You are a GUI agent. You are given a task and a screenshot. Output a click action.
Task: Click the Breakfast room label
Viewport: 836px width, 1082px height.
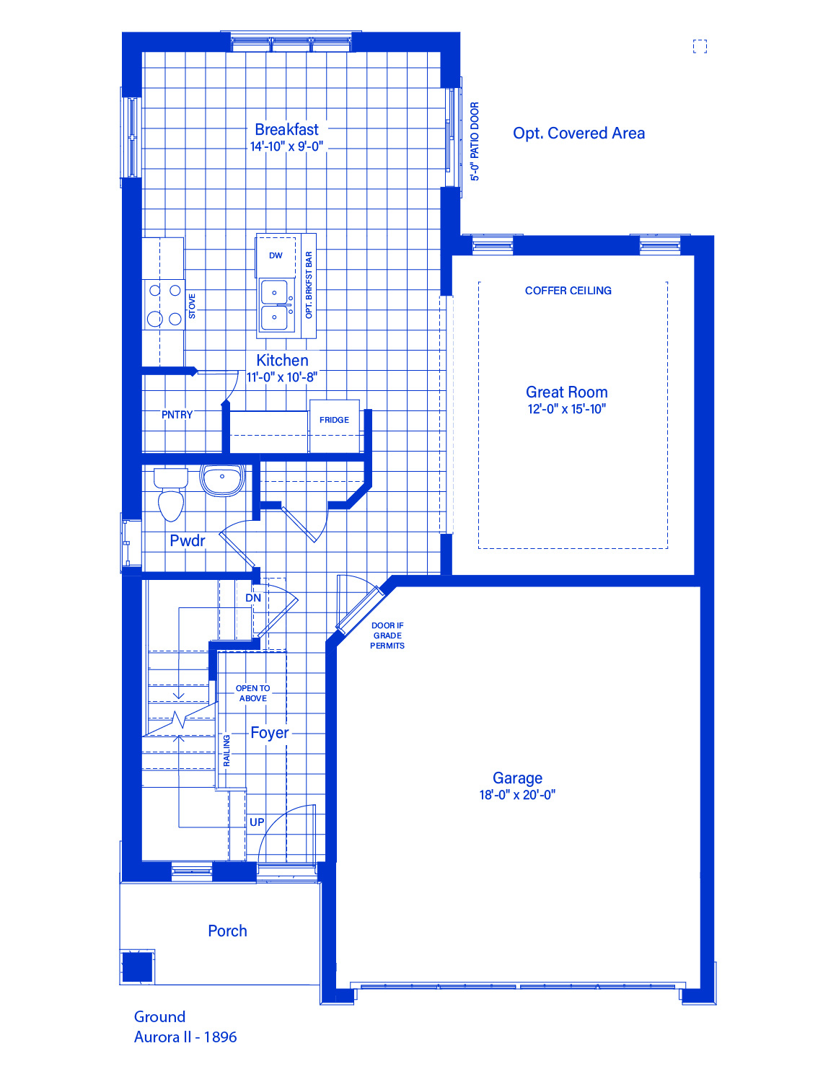tap(286, 129)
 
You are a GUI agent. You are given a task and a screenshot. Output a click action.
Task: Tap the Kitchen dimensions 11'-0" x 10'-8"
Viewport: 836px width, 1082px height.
tap(282, 377)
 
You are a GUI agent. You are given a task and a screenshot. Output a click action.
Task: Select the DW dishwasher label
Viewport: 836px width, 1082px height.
tap(276, 255)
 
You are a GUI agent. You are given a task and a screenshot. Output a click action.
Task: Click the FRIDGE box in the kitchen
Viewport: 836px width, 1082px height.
tap(334, 426)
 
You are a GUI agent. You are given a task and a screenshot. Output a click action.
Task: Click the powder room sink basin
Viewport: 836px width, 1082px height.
tap(222, 480)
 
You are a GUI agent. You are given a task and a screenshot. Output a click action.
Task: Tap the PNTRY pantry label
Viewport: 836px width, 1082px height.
tap(177, 415)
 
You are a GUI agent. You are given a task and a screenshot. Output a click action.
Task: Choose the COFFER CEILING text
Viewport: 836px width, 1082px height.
tap(568, 291)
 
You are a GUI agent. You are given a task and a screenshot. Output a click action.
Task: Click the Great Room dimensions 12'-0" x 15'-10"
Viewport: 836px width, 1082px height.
tap(567, 409)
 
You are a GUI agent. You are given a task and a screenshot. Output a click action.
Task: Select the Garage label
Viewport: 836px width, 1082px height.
tap(517, 778)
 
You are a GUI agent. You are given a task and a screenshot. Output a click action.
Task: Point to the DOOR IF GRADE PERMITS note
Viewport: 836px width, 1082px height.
tap(387, 635)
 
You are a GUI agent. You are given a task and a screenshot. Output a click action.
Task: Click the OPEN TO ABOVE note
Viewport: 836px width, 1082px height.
tap(253, 693)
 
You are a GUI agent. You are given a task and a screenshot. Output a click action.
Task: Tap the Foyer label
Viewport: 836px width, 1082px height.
tap(269, 733)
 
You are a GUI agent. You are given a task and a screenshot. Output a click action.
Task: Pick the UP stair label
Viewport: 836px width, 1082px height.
tap(257, 822)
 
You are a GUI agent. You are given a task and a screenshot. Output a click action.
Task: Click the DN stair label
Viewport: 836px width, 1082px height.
tap(253, 597)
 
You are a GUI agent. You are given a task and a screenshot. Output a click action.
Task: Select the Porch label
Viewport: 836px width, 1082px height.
tap(227, 931)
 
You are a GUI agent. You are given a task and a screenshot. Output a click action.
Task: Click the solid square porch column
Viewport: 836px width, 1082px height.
tap(138, 967)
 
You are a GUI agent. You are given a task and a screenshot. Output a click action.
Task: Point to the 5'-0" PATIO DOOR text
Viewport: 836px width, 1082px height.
tap(475, 141)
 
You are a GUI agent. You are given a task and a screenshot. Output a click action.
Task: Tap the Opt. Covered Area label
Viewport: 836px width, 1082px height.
tap(578, 133)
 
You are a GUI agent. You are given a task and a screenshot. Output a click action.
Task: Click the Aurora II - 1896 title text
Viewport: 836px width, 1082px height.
tap(185, 1037)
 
